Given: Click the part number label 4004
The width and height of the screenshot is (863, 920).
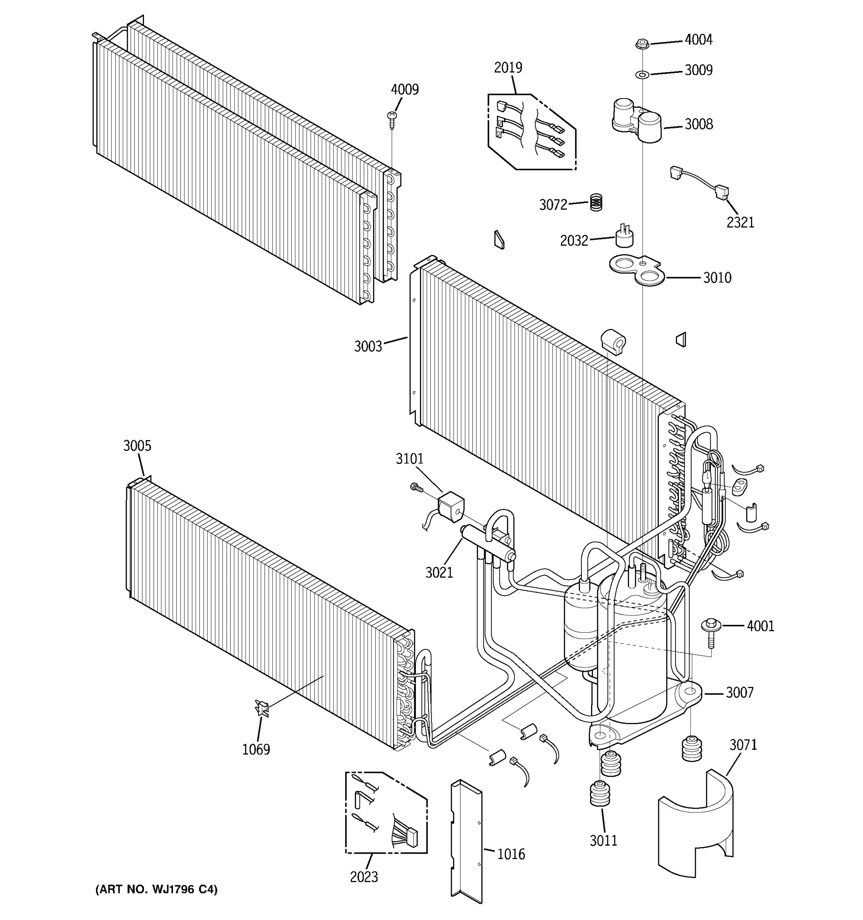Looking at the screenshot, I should tap(698, 40).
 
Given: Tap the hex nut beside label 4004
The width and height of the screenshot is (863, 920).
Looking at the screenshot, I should tap(642, 44).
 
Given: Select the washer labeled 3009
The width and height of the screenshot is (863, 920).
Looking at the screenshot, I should tap(642, 74).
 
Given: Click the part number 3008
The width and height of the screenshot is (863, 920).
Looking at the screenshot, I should tap(698, 124).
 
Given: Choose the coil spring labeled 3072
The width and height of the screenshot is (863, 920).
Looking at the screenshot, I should tap(596, 202).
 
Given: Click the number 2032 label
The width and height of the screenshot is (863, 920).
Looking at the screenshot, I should tap(574, 241).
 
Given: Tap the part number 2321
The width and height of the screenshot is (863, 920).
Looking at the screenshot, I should tap(740, 223).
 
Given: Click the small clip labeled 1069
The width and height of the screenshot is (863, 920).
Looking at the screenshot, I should tap(262, 708).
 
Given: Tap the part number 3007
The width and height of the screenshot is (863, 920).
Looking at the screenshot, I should tap(739, 692).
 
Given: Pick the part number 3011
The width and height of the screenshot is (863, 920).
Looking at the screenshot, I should tap(603, 840).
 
